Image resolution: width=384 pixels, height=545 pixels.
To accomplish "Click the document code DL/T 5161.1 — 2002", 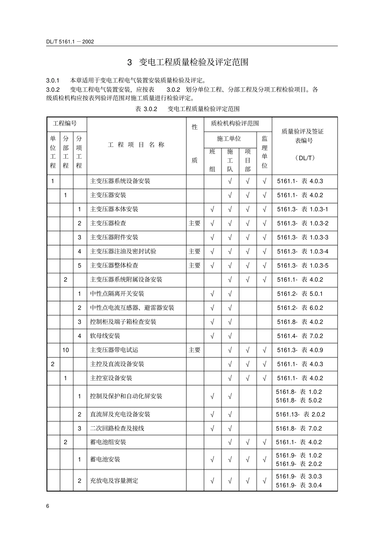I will click(70, 41).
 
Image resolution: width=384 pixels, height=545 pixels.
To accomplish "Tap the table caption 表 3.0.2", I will click(146, 109).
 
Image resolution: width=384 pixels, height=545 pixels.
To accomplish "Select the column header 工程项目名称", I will click(136, 145).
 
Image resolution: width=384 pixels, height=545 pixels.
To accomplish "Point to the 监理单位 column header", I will click(264, 152).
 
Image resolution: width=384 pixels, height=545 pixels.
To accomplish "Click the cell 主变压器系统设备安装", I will click(120, 181).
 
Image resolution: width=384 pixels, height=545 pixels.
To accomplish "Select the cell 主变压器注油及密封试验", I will click(123, 251).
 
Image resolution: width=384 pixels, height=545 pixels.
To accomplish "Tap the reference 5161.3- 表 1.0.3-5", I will click(302, 266).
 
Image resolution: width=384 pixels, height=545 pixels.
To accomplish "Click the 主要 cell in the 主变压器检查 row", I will click(194, 223).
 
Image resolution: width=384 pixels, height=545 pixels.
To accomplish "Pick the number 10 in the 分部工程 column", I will click(65, 350).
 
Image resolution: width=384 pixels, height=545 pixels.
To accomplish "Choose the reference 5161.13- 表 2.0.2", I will click(300, 414).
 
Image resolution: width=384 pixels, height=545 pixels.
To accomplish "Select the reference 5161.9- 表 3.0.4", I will click(299, 485).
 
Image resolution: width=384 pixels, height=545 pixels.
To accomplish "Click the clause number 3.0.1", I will click(53, 80).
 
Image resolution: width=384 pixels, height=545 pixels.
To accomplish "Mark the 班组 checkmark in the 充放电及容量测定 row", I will click(212, 481).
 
